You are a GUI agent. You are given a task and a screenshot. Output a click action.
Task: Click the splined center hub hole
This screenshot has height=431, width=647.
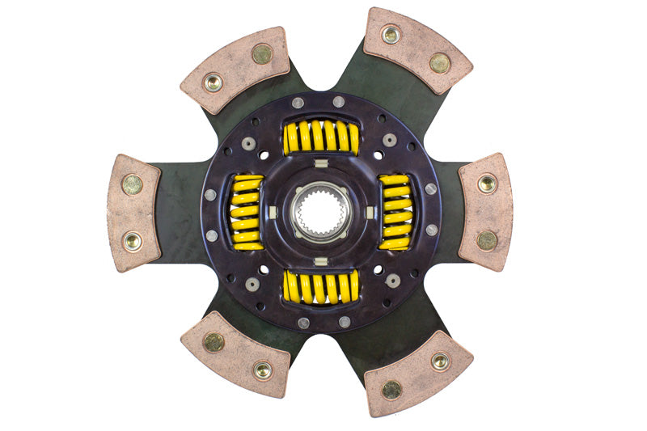pyautogui.click(x=321, y=212)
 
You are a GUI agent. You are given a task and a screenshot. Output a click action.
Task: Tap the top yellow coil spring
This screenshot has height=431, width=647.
pyautogui.click(x=321, y=137)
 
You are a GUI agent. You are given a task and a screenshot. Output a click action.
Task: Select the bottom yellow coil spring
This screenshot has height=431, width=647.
pyautogui.click(x=321, y=285)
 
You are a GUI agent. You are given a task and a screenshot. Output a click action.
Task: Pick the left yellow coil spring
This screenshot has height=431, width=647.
pyautogui.click(x=247, y=212)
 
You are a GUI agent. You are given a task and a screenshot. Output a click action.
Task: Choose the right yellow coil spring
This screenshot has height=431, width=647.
pyautogui.click(x=395, y=212)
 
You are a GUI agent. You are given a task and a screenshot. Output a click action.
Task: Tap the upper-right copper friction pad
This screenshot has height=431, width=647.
pyautogui.click(x=418, y=50)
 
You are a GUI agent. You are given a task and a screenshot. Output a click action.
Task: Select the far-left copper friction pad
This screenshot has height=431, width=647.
pyautogui.click(x=134, y=212)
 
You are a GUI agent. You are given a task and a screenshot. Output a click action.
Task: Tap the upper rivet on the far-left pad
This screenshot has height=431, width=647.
pyautogui.click(x=131, y=184)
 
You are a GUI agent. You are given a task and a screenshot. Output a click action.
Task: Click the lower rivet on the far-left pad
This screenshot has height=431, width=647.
pyautogui.click(x=131, y=240)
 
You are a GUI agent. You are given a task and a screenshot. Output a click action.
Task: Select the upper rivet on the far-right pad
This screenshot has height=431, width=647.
pyautogui.click(x=487, y=184)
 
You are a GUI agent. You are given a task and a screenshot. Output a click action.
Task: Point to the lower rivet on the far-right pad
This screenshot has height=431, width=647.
pyautogui.click(x=487, y=240)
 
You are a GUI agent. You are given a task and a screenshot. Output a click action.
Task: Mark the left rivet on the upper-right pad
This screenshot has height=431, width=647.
pyautogui.click(x=391, y=35)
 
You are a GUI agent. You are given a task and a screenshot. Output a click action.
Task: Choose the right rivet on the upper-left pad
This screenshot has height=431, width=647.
pyautogui.click(x=261, y=54)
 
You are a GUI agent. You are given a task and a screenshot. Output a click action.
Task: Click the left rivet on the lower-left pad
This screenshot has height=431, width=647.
pyautogui.click(x=214, y=342)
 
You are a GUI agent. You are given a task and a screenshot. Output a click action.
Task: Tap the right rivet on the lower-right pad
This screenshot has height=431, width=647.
pyautogui.click(x=440, y=361)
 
